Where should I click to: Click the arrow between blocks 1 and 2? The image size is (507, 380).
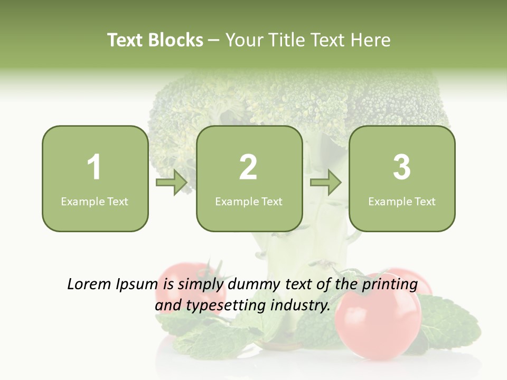(172, 183)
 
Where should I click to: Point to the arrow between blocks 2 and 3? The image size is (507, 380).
(326, 183)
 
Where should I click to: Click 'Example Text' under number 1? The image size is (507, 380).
(95, 201)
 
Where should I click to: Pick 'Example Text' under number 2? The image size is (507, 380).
(249, 201)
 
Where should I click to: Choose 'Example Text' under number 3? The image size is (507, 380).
(402, 201)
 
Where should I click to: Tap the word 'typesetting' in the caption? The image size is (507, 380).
(221, 305)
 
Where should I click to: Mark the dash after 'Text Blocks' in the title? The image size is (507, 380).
(214, 41)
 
